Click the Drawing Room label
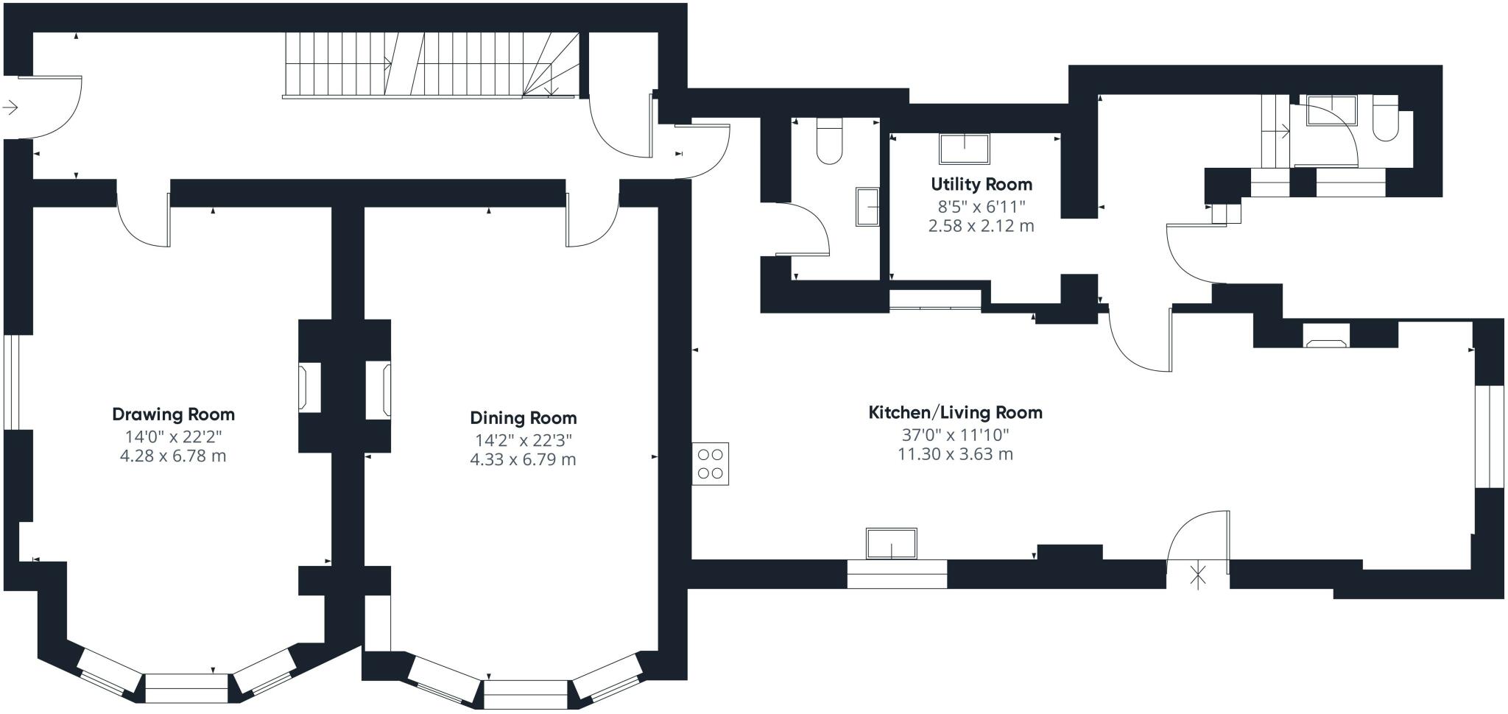[173, 414]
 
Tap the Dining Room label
[523, 418]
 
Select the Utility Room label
[981, 184]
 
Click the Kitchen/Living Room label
[955, 412]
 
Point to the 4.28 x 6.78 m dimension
[173, 456]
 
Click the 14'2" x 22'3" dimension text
[523, 440]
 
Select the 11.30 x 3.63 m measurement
[955, 454]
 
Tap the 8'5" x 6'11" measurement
[981, 205]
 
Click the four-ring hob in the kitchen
[710, 464]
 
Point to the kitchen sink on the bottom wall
[891, 543]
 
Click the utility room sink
[964, 148]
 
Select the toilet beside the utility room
[830, 143]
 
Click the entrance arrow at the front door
[10, 108]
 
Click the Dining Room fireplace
[379, 389]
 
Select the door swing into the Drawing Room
[145, 221]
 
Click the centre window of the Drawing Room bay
[186, 688]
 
